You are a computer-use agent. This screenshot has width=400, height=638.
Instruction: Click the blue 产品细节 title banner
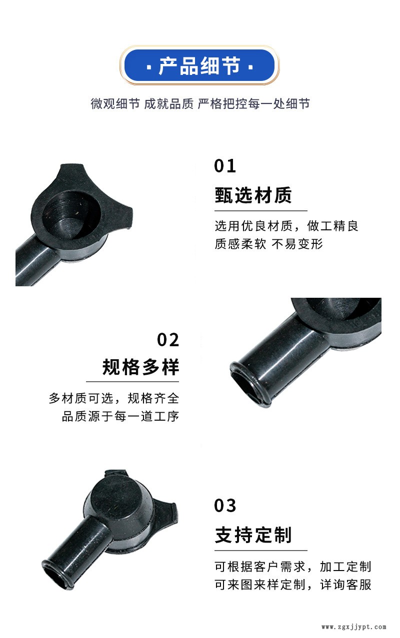[x=199, y=66]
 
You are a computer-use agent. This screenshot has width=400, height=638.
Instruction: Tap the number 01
[x=225, y=166]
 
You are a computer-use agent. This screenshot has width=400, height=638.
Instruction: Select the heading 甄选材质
[x=253, y=195]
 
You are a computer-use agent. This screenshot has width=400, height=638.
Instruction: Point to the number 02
[x=168, y=340]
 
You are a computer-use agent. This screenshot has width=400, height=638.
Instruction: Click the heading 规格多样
[x=140, y=367]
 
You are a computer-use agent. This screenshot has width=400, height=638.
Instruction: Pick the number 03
[x=225, y=506]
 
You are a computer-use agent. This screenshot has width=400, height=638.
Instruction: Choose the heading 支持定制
[x=253, y=535]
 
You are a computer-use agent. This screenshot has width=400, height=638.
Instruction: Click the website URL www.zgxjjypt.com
[x=354, y=627]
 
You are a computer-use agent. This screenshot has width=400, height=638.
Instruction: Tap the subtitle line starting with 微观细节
[x=200, y=104]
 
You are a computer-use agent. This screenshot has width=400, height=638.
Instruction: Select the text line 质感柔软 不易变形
[x=268, y=244]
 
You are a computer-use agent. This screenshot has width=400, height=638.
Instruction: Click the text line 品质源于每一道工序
[x=120, y=416]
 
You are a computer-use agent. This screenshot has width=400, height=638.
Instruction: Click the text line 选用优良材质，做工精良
[x=286, y=226]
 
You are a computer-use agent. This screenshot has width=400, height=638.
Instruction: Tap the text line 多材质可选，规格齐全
[x=114, y=398]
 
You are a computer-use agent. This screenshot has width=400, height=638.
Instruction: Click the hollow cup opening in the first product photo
[x=70, y=215]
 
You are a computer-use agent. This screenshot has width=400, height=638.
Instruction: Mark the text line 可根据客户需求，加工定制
[x=293, y=567]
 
